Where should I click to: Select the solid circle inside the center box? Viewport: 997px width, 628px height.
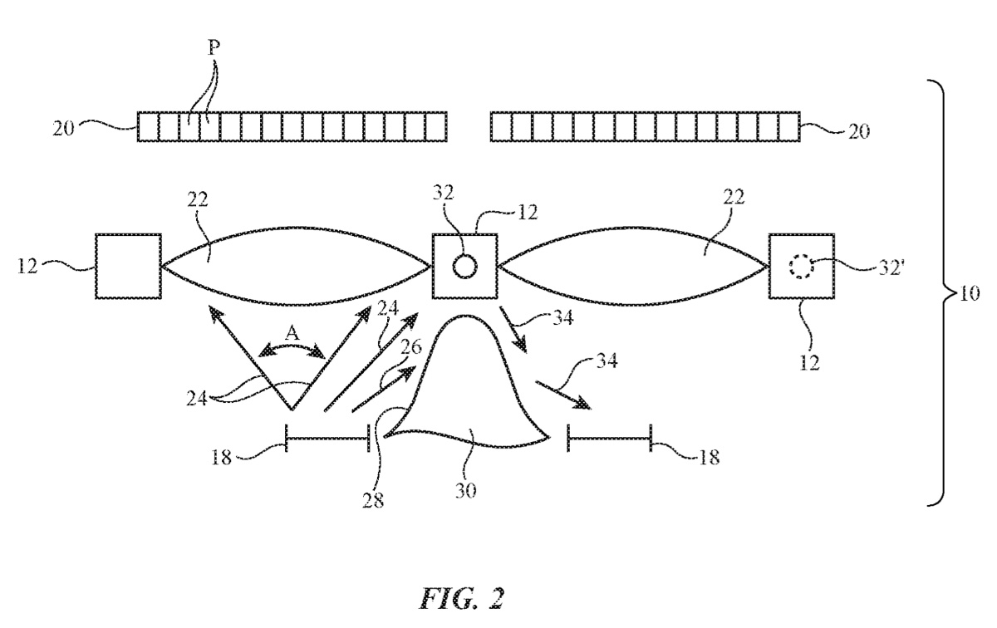click(464, 266)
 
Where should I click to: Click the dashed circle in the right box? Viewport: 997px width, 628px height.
click(802, 266)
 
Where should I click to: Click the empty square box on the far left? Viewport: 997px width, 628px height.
click(128, 266)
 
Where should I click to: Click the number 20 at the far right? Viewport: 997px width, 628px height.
click(858, 131)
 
